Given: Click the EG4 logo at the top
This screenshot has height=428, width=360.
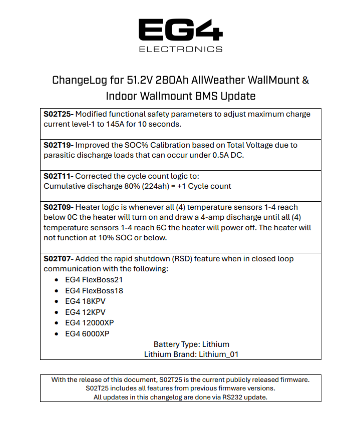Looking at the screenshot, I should click(x=180, y=30).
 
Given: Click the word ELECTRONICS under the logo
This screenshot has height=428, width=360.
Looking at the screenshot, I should click(x=180, y=49).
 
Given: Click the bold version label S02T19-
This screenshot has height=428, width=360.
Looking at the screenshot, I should click(x=59, y=145).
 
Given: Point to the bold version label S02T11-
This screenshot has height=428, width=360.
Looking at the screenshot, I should click(x=59, y=176).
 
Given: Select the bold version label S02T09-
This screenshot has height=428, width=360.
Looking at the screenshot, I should click(x=59, y=207).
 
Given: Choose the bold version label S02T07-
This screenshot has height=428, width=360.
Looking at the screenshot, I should click(x=59, y=259).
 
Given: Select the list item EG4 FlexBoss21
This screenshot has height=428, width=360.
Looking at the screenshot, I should click(x=94, y=280).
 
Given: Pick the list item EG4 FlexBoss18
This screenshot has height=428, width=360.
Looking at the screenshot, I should click(x=94, y=290).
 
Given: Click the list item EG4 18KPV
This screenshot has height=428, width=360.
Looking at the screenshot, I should click(x=86, y=301).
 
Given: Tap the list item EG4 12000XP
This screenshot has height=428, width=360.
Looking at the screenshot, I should click(x=90, y=323).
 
